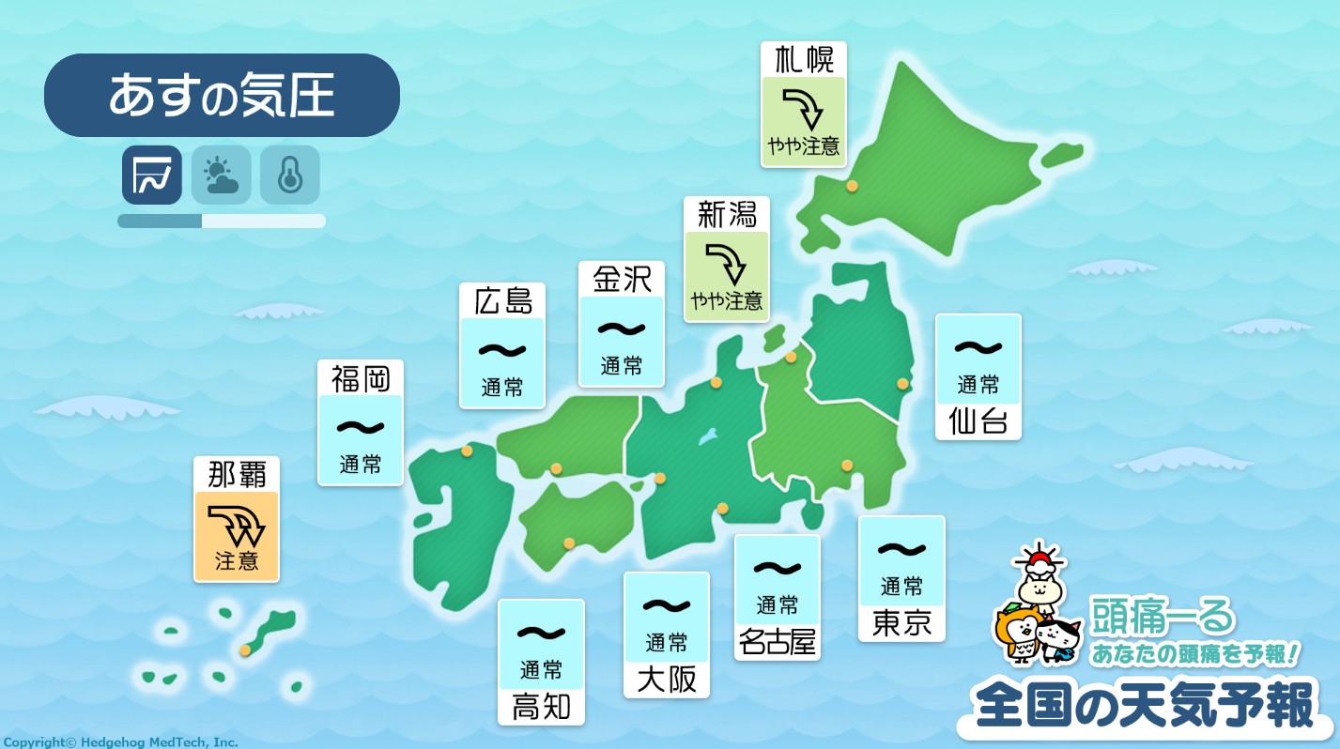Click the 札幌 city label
tap(803, 60)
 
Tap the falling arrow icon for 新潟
tap(726, 264)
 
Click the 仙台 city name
tap(978, 421)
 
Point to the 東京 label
tap(901, 624)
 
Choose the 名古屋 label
tap(777, 643)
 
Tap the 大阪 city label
tap(667, 680)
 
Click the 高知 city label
tap(541, 707)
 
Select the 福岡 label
tap(361, 378)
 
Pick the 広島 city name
tap(502, 300)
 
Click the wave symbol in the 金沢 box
tap(622, 329)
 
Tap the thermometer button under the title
tap(290, 175)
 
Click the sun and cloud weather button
tap(222, 175)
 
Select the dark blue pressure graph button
tap(152, 175)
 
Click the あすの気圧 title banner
tap(222, 96)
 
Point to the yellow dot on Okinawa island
tap(245, 650)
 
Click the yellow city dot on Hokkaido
tap(852, 186)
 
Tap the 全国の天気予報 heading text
tap(1145, 706)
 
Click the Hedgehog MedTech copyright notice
tap(119, 741)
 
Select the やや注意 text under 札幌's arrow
tap(803, 147)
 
